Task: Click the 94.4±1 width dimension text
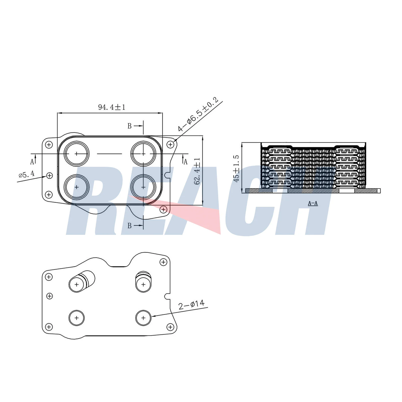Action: click(x=112, y=107)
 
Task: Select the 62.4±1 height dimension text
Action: click(x=197, y=171)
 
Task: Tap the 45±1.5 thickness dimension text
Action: click(x=236, y=169)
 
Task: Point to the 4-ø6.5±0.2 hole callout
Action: click(x=198, y=114)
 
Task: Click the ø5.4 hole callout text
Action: click(x=27, y=174)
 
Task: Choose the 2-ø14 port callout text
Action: click(x=191, y=305)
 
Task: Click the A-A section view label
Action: click(x=313, y=203)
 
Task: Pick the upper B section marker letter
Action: click(x=129, y=126)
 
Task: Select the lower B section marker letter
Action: click(x=129, y=226)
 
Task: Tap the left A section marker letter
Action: click(x=32, y=162)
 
